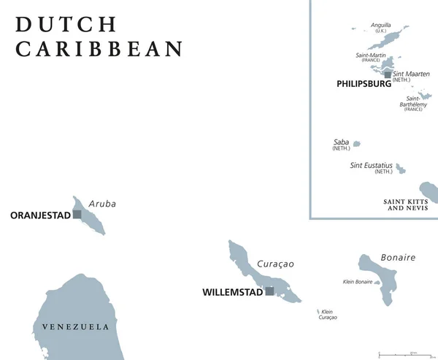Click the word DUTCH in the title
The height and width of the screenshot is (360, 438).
pos(66,24)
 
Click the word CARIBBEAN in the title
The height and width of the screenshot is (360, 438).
pos(100,50)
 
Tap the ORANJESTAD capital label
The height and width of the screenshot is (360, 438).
pos(40,215)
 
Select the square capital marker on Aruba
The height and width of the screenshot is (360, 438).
pos(77,215)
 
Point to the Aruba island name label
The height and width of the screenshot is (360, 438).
pos(101,204)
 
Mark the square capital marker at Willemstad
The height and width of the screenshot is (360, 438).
pos(269,291)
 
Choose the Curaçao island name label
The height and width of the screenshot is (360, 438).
pos(275,264)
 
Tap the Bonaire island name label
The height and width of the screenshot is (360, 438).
pos(398,257)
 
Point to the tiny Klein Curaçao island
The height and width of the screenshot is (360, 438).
pos(318,312)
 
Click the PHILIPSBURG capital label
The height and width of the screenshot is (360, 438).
pos(364,84)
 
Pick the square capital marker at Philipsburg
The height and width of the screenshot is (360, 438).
pos(387,74)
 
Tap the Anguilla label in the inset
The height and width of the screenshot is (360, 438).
pos(380,26)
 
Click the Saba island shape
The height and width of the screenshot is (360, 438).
pos(356,144)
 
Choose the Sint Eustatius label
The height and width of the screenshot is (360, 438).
pos(372,166)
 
